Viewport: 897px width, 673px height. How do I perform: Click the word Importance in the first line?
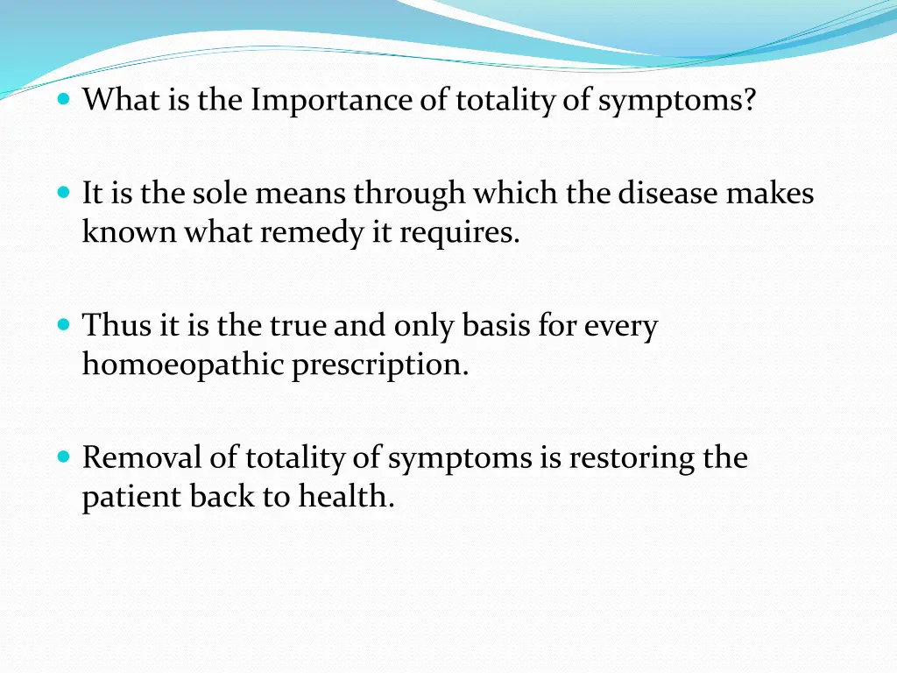[x=332, y=101]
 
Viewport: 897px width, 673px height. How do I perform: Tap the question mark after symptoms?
[x=747, y=101]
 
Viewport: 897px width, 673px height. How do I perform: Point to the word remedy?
[x=306, y=232]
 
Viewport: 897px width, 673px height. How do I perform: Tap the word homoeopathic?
[x=183, y=364]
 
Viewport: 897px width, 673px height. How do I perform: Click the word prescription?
[x=381, y=364]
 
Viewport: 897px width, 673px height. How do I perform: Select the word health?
[x=347, y=497]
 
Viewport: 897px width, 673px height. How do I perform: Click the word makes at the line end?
[x=770, y=192]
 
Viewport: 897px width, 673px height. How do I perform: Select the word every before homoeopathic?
[x=621, y=325]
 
